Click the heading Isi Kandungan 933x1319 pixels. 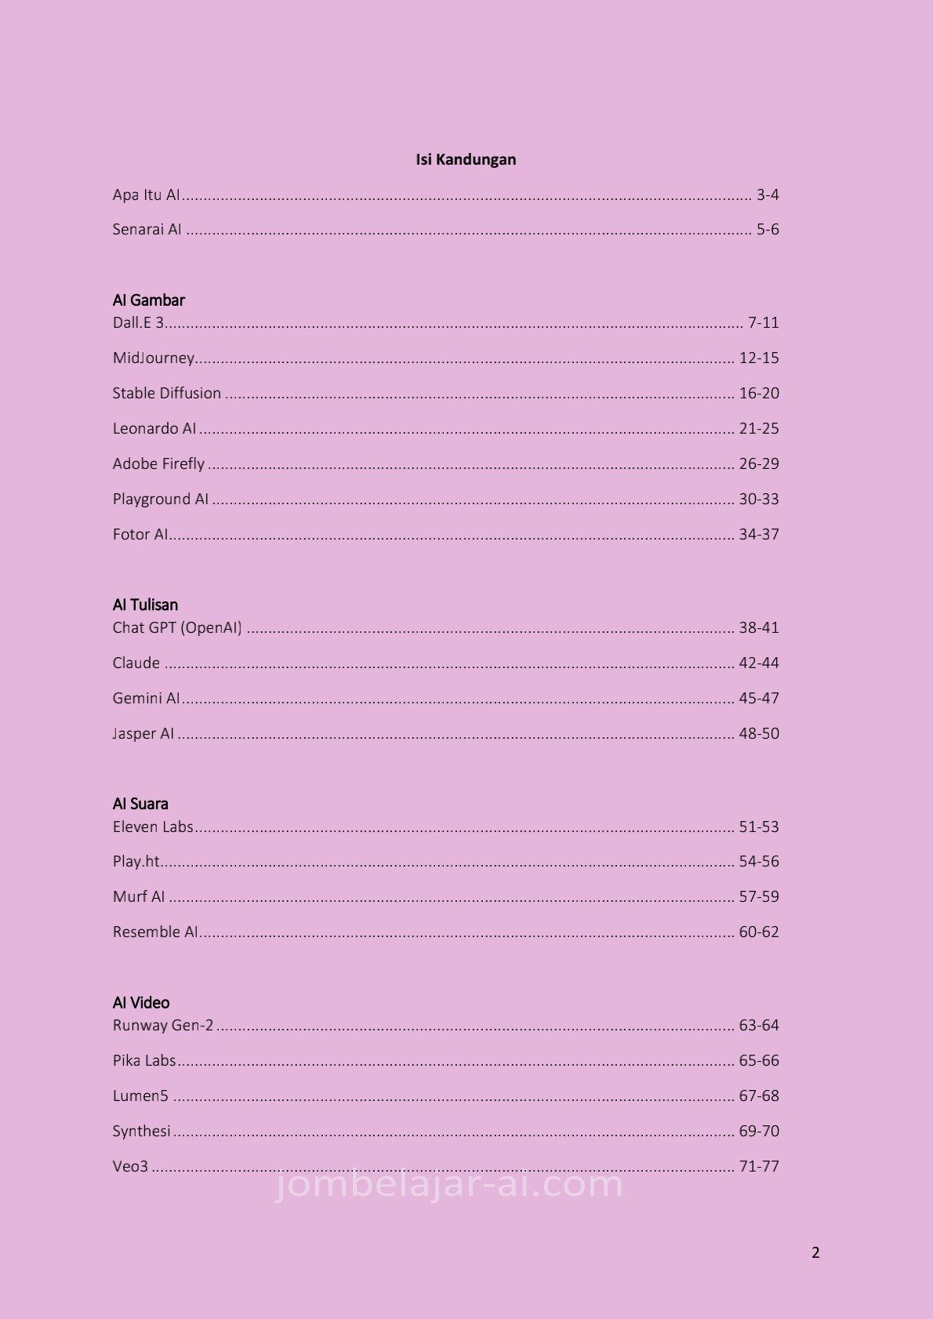pos(466,160)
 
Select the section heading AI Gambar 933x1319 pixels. pos(149,300)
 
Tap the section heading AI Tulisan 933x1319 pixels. pos(145,605)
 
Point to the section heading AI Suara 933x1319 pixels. pos(140,804)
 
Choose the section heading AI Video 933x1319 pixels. pos(141,1003)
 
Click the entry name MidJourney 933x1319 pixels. pos(154,358)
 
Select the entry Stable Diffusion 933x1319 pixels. pos(167,394)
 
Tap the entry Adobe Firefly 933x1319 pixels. pos(158,464)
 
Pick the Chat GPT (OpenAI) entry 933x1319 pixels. pos(177,628)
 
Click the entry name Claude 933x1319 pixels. pos(136,663)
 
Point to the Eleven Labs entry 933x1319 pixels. pos(153,827)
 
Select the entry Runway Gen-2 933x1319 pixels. pos(163,1026)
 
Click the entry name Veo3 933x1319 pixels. pos(130,1167)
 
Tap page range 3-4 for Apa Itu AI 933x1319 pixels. pos(768,195)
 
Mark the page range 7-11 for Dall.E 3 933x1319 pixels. pos(764,323)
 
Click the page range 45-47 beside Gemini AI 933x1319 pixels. pos(759,699)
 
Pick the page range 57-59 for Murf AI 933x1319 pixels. pos(759,897)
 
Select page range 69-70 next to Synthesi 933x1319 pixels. pos(759,1132)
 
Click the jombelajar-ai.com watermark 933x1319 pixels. pos(449,1185)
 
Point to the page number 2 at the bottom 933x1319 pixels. pos(815,1253)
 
